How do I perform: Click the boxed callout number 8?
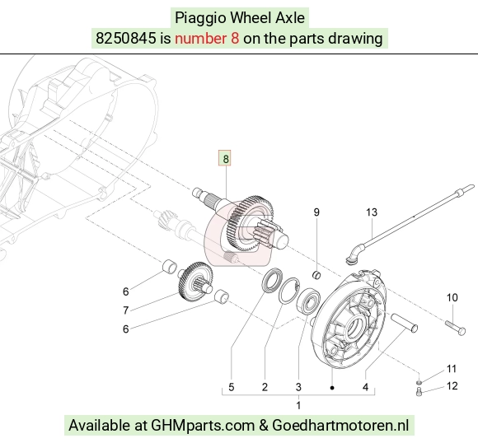point(225,158)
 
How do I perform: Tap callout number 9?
point(316,212)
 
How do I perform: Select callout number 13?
point(372,212)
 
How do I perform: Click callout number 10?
point(452,297)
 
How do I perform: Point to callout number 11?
point(451,369)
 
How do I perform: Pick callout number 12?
point(452,386)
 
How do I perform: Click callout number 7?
point(125,310)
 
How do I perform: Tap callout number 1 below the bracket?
point(298,405)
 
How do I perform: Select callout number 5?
point(232,387)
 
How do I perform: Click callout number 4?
point(366,387)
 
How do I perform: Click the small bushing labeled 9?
point(317,275)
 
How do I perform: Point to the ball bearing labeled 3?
point(308,301)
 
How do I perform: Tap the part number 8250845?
point(125,39)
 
